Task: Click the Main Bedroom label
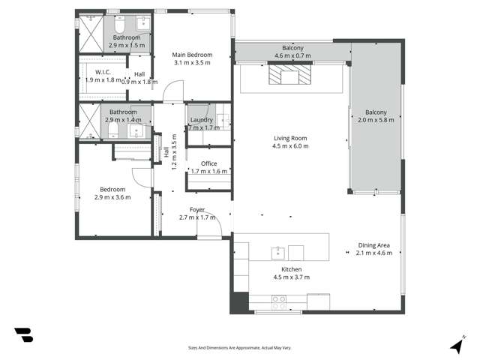192,55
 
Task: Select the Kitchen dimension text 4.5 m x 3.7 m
291,277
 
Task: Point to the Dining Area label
373,245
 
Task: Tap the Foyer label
197,209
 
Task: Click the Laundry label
202,119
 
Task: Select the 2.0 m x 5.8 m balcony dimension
376,121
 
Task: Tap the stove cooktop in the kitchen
278,302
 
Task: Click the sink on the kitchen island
277,251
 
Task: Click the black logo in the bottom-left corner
23,335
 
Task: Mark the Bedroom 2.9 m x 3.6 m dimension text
112,197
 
